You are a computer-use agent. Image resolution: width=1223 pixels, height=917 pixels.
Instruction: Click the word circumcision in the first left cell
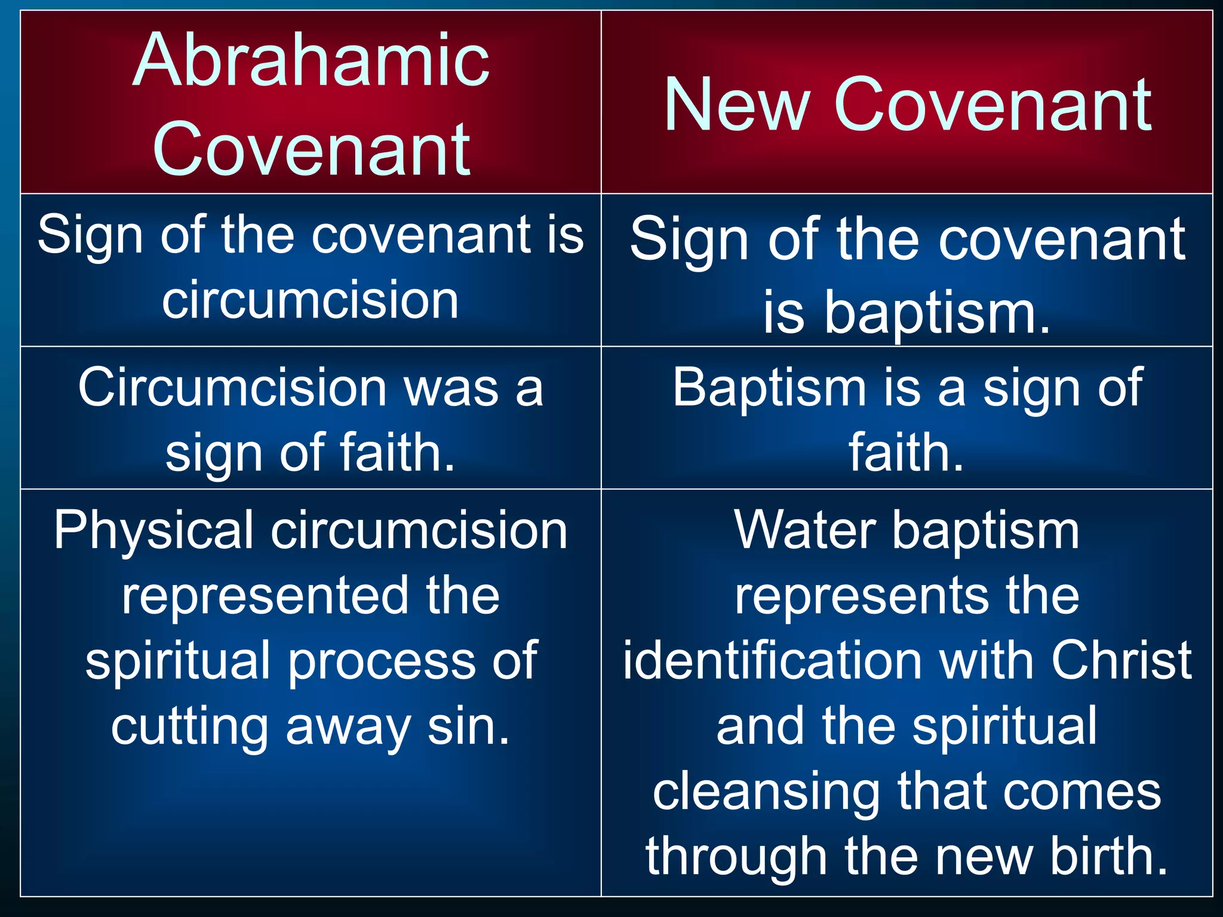[311, 300]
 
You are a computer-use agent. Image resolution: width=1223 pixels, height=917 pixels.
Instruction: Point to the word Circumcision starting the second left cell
[233, 388]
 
